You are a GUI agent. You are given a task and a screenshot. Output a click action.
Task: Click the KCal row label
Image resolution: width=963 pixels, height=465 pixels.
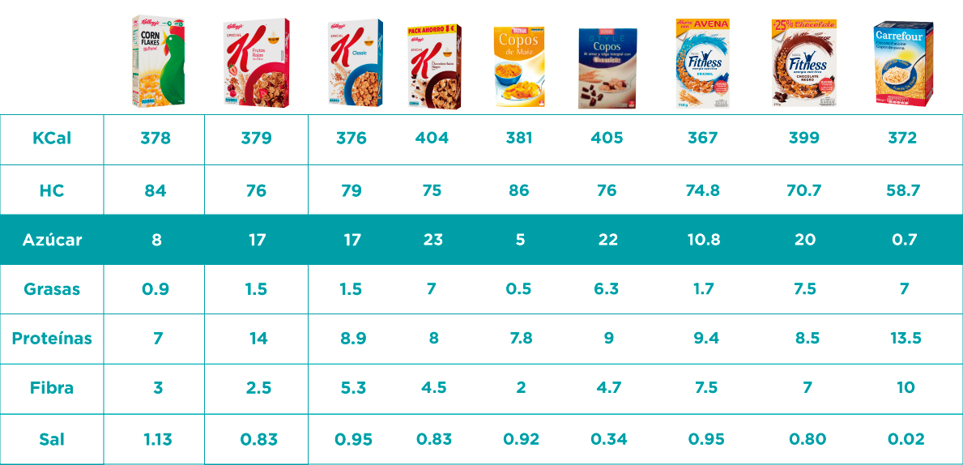52,139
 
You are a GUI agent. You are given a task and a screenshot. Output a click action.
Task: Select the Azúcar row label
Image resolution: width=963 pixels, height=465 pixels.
52,241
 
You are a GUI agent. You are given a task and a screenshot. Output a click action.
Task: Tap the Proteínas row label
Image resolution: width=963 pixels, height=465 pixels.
52,339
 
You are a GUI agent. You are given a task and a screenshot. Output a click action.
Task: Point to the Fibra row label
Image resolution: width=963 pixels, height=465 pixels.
52,388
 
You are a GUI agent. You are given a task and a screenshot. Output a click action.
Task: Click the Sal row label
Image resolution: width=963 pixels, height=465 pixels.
52,440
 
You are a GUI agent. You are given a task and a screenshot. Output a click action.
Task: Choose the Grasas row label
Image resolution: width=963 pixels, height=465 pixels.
52,289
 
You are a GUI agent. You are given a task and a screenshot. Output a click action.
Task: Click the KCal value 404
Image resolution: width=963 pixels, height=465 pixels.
432,138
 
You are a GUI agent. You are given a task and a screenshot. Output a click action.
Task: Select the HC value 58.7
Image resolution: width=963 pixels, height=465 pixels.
902,191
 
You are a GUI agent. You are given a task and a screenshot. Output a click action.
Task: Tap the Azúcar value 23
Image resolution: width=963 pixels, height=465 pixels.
432,241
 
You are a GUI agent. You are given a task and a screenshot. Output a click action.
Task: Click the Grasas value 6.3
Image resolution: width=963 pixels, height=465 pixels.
607,289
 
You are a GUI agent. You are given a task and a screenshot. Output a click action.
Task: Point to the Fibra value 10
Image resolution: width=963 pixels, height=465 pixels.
905,388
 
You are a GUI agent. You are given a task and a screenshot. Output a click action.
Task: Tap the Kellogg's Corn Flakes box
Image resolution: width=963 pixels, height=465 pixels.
158,62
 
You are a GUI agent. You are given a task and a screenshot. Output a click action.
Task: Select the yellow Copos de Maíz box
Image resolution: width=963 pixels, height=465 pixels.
518,67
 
